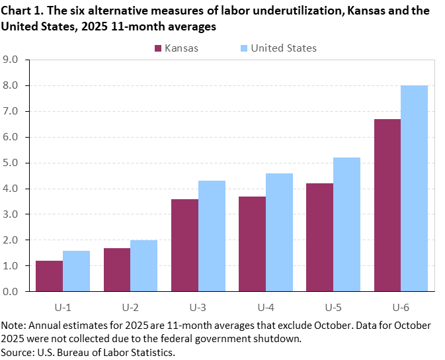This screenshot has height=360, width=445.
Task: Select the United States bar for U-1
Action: point(76,271)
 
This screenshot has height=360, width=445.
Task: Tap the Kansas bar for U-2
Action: point(116,269)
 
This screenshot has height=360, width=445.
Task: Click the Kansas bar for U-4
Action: point(252,244)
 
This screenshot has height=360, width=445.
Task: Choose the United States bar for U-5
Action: point(347,224)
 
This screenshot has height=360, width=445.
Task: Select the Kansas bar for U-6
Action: point(387,205)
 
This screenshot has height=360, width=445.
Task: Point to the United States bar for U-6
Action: point(415,188)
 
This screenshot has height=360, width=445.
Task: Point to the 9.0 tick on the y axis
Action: point(14,60)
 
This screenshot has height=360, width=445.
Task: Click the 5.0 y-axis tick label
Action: point(14,163)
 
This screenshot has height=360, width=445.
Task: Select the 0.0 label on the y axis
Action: point(14,291)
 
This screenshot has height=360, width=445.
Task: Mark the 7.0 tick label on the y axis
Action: point(14,111)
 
